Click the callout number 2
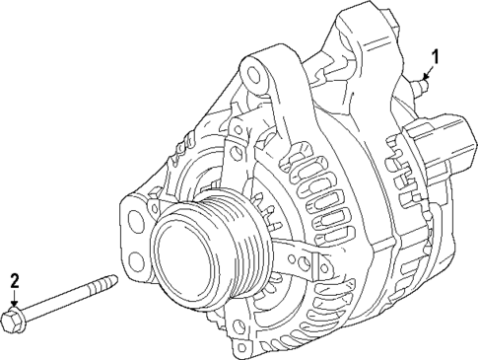click(x=15, y=281)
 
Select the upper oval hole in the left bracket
click(x=129, y=212)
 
